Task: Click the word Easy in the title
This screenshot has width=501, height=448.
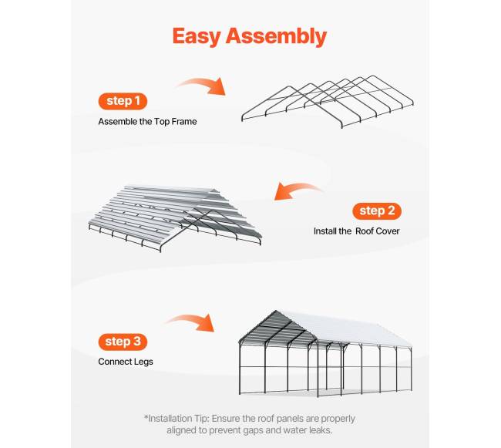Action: click(x=197, y=35)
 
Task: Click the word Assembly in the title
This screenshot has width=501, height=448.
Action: click(x=276, y=35)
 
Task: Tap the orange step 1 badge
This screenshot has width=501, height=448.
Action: click(x=123, y=101)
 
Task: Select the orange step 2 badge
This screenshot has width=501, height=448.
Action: click(x=377, y=211)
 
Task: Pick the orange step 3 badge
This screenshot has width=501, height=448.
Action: click(x=123, y=342)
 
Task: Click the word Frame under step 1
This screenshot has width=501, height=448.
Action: click(x=184, y=122)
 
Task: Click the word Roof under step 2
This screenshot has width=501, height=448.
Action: click(x=364, y=231)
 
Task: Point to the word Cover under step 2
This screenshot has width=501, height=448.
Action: click(x=387, y=231)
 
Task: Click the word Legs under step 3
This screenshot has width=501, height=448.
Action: click(x=144, y=362)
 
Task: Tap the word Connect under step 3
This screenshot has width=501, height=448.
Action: click(x=116, y=362)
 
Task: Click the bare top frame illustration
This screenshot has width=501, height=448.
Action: click(x=328, y=102)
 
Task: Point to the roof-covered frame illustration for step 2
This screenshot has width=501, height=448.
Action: click(x=175, y=218)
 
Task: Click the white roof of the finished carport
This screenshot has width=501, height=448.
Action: click(x=345, y=329)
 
